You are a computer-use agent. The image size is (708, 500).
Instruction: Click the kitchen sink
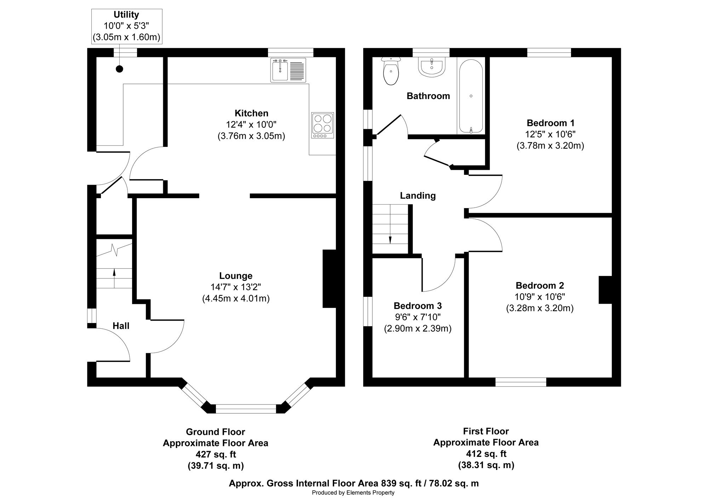[288, 70]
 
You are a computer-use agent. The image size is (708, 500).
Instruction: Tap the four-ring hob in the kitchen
[322, 125]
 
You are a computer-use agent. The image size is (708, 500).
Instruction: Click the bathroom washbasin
[431, 67]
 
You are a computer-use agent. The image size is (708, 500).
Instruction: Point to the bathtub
[471, 96]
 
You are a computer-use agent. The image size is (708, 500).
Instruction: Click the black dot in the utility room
[120, 69]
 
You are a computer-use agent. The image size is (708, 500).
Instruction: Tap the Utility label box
[127, 27]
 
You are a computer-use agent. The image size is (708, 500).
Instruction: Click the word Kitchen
[251, 113]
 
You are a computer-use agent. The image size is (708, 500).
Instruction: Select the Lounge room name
[236, 276]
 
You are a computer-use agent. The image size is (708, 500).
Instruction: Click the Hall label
[121, 326]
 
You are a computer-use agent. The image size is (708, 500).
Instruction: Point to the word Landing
[418, 196]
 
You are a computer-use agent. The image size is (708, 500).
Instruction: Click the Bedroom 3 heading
[418, 306]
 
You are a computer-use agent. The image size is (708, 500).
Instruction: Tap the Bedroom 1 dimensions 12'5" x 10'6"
[550, 134]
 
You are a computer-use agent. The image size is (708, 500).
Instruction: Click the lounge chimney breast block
[329, 279]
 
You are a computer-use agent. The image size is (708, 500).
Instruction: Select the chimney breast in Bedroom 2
[605, 290]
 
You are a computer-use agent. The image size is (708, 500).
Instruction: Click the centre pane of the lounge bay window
[246, 409]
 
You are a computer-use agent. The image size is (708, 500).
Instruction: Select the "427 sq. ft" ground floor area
[216, 454]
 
